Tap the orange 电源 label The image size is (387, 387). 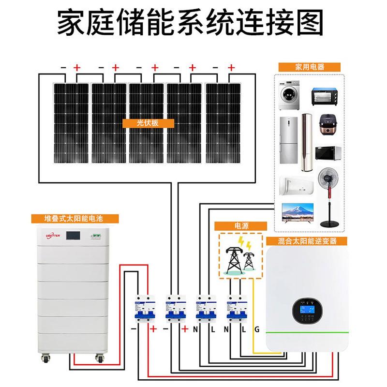pos(240,226)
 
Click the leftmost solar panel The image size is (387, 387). pos(71,123)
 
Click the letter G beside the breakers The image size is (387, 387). pos(257,330)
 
